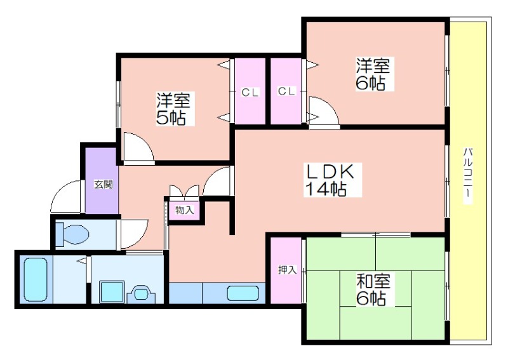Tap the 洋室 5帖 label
click(x=173, y=109)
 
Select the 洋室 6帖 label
click(x=373, y=74)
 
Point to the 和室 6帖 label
click(x=373, y=290)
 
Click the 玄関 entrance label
click(x=104, y=185)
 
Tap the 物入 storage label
click(x=185, y=210)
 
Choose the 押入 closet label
click(x=287, y=270)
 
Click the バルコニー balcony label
click(x=467, y=175)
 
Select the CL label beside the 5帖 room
click(x=250, y=93)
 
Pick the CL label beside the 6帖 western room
click(x=286, y=91)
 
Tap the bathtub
click(x=36, y=279)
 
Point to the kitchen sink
click(x=243, y=293)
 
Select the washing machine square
click(x=112, y=292)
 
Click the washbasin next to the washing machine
click(x=141, y=294)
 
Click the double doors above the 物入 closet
click(x=185, y=190)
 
